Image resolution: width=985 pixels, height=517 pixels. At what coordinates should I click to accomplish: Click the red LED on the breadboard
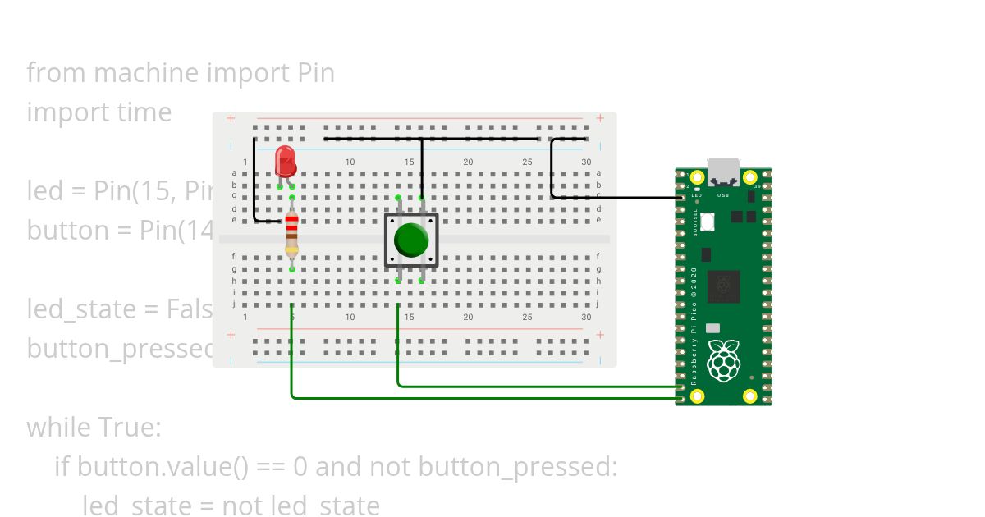285,161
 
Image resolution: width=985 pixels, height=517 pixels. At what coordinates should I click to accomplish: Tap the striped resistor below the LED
292,235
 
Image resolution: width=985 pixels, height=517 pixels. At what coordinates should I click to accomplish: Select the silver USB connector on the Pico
723,172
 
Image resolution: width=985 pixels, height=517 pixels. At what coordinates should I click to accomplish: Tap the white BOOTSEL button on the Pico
708,222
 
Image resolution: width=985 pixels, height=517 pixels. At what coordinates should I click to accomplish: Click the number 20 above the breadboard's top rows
468,162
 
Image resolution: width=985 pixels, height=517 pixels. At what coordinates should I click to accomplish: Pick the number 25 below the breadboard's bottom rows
527,318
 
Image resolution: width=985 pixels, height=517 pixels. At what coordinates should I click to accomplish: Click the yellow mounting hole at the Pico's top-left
697,177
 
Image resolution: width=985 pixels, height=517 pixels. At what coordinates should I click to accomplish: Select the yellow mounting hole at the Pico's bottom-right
749,396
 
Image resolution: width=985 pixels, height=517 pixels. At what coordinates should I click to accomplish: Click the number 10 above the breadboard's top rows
350,162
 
